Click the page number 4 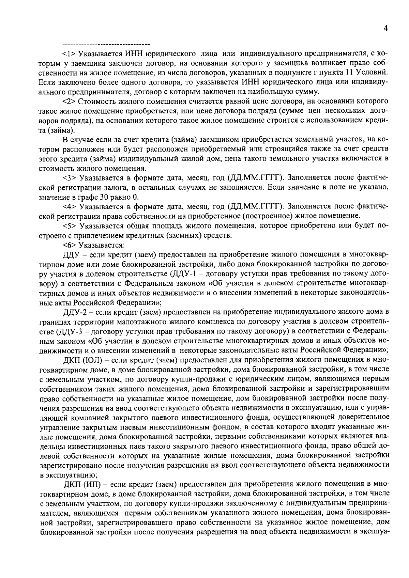(385, 29)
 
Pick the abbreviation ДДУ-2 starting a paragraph (74, 311)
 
